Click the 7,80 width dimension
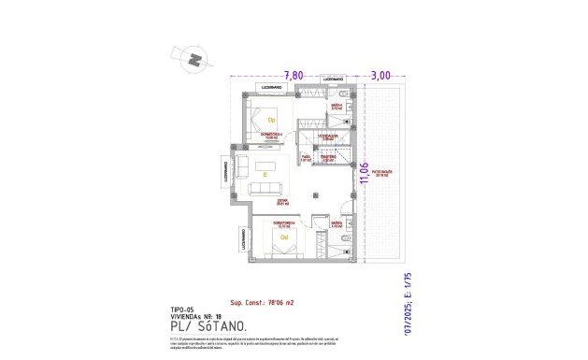point(294,76)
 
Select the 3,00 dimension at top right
point(380,76)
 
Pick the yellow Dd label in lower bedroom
point(285,237)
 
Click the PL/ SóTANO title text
point(210,325)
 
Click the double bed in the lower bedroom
point(280,241)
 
